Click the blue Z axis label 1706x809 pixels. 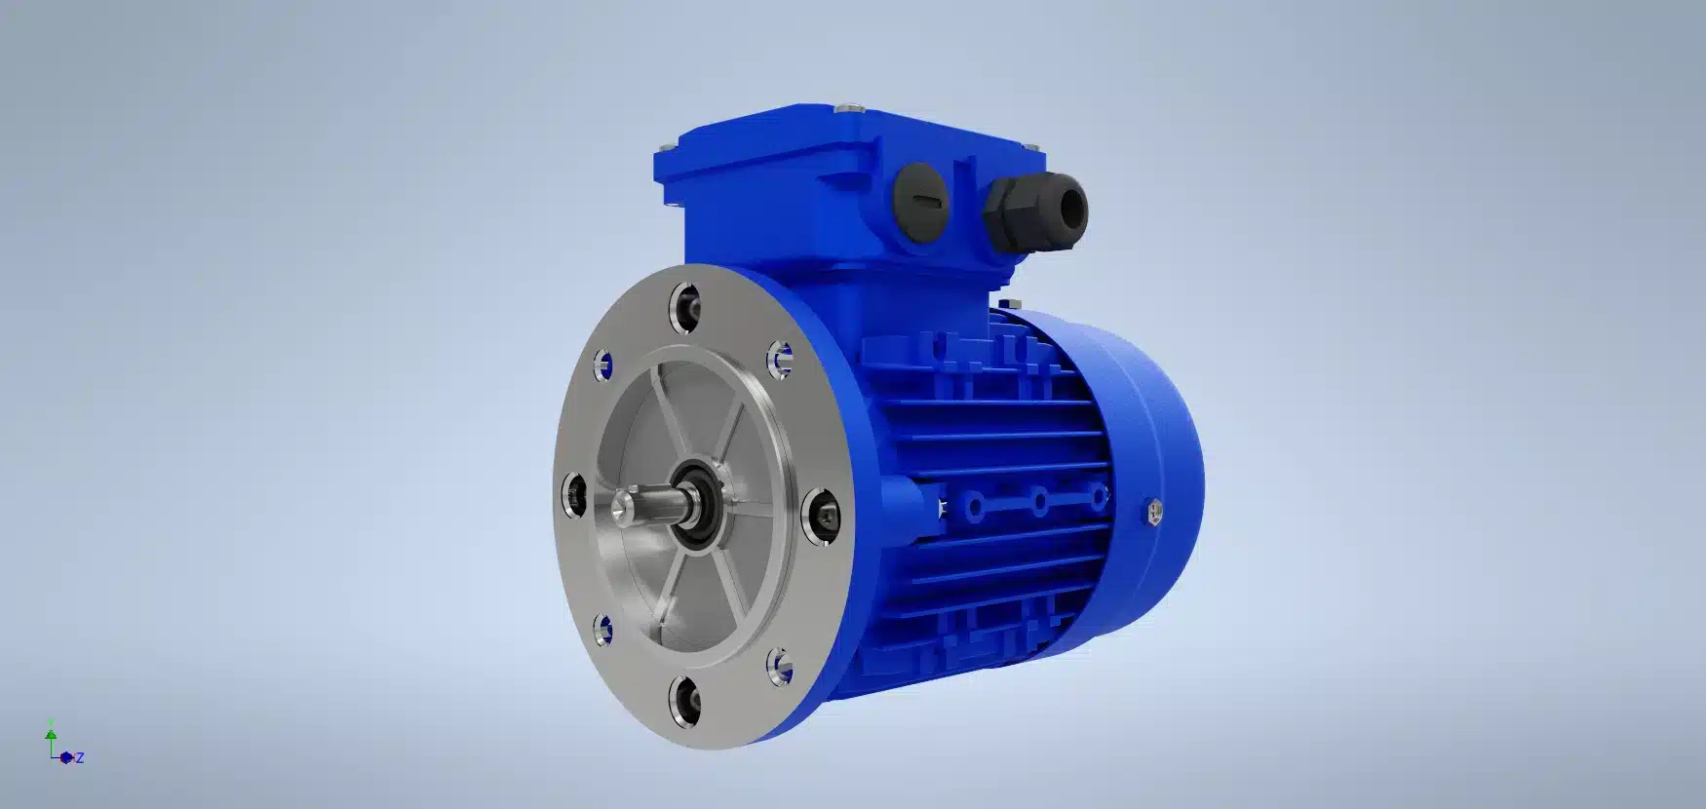(80, 757)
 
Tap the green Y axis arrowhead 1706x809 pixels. (51, 727)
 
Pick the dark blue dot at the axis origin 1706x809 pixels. (65, 757)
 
